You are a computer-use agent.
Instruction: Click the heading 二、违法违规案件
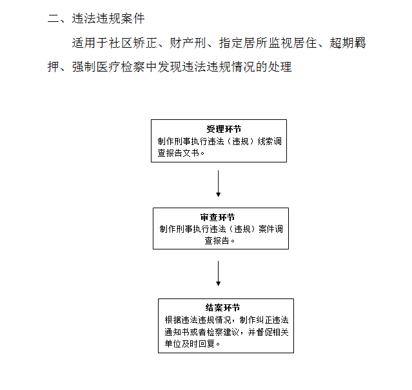click(x=96, y=19)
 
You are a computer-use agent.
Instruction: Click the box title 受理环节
click(x=224, y=129)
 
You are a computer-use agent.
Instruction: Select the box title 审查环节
click(x=217, y=217)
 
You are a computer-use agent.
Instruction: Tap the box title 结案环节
click(x=222, y=307)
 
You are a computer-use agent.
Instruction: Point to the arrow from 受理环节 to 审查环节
click(x=218, y=184)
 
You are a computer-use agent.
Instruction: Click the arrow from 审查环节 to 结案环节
click(x=218, y=273)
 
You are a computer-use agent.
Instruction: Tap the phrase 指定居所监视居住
click(x=268, y=43)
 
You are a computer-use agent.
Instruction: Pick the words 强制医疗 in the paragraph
click(x=96, y=66)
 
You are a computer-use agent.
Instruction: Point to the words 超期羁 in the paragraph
click(x=348, y=43)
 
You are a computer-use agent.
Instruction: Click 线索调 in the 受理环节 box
click(x=270, y=141)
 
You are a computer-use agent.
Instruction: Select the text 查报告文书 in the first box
click(x=179, y=153)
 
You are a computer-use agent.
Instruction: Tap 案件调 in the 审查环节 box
click(x=271, y=229)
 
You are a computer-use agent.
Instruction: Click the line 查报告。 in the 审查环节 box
click(x=219, y=240)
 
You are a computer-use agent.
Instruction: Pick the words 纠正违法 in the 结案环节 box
click(x=272, y=320)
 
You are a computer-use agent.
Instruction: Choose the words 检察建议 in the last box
click(x=223, y=332)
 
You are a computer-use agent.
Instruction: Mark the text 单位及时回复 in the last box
click(x=190, y=344)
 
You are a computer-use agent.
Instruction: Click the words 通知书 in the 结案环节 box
click(x=177, y=332)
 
